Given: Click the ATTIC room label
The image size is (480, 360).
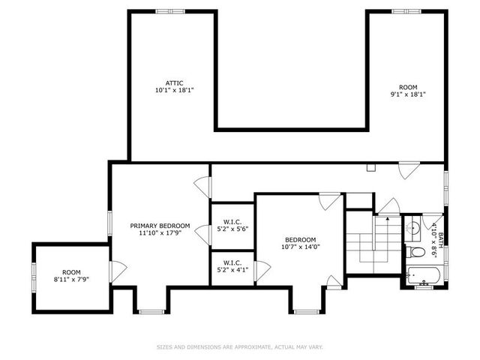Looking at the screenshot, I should click(x=174, y=83).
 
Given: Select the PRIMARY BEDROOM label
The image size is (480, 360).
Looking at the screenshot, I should click(x=160, y=226).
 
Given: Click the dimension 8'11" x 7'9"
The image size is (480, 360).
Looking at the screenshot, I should click(x=71, y=279).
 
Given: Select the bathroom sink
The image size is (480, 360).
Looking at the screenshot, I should click(x=412, y=227).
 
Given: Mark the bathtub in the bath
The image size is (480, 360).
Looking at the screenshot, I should click(x=424, y=274).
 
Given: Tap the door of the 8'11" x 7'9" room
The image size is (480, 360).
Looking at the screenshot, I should click(x=116, y=270).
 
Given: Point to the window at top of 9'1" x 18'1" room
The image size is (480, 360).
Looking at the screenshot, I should click(x=403, y=11).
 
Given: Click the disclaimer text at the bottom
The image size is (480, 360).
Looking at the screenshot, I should click(x=239, y=347).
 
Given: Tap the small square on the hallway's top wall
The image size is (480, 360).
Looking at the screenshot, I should click(x=370, y=168).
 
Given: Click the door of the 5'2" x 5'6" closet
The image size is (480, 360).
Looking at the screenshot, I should click(x=202, y=233).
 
